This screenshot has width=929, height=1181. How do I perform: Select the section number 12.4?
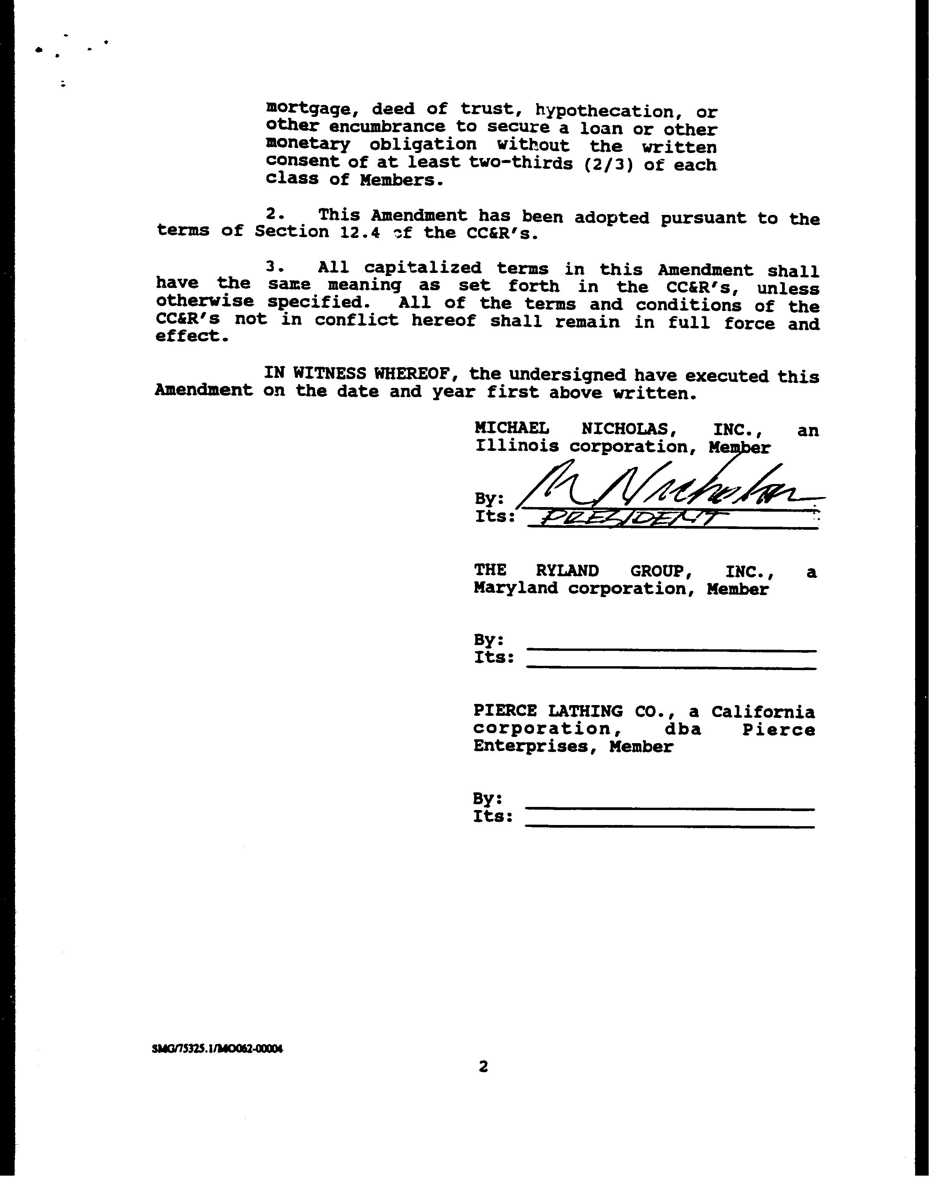pyautogui.click(x=360, y=232)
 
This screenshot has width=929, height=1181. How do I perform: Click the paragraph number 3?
pyautogui.click(x=274, y=267)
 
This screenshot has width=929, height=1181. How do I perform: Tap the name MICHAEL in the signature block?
pyautogui.click(x=511, y=429)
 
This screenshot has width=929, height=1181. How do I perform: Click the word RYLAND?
pyautogui.click(x=567, y=571)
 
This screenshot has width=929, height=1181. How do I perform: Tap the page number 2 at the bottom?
pyautogui.click(x=483, y=1067)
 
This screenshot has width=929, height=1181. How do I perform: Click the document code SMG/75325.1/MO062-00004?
pyautogui.click(x=218, y=1049)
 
